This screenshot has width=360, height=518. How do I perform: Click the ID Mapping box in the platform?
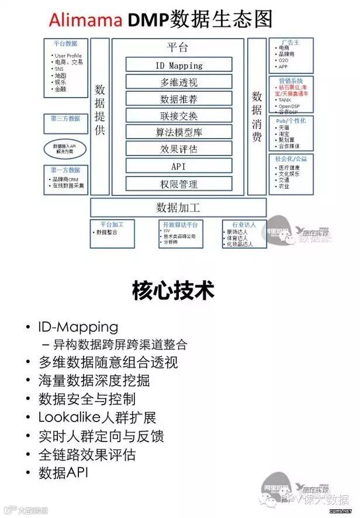coord(179,65)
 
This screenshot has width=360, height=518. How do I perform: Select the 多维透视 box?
coord(179,82)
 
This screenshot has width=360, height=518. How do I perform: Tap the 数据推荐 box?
coord(179,99)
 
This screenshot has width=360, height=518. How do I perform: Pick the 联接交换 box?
coord(179,116)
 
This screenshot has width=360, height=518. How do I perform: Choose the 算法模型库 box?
coord(179,133)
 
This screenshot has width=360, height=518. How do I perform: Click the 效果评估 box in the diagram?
coord(179,150)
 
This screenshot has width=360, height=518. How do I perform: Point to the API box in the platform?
coord(179,167)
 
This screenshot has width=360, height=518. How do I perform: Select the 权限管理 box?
coord(179,184)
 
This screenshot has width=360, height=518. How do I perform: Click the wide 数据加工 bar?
coord(178,207)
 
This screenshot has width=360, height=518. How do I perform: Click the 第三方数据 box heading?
coord(65,118)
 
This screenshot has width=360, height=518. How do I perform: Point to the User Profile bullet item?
coord(68,56)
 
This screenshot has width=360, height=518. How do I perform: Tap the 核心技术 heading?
coord(174,290)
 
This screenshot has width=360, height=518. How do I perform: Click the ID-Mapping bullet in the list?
coord(78,327)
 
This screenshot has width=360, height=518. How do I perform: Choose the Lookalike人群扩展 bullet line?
coord(97,417)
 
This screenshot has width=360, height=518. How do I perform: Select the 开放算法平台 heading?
coord(181,224)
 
